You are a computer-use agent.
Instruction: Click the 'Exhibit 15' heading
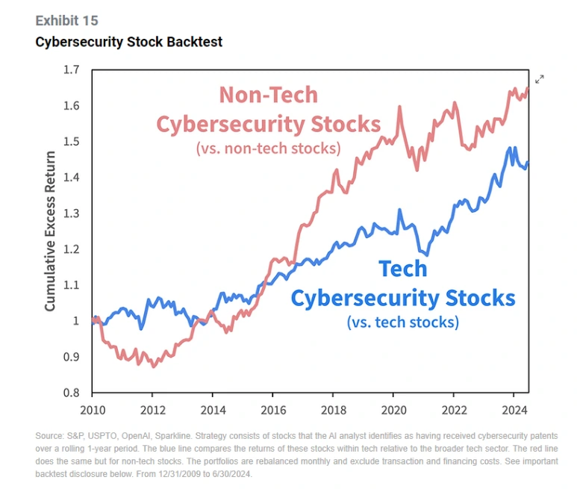click(x=66, y=20)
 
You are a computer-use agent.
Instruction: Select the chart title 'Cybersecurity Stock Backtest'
click(x=128, y=42)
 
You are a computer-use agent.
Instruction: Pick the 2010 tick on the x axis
click(x=92, y=410)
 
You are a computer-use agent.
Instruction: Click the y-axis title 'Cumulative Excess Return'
click(x=50, y=231)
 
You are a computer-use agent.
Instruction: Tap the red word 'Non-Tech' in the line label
click(x=268, y=95)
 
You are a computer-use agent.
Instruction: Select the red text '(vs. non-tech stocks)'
click(x=268, y=148)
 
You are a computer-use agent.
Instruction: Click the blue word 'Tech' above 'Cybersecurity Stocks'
click(x=402, y=269)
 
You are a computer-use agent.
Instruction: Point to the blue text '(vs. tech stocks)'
click(x=402, y=323)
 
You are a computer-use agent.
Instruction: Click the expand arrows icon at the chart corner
click(x=540, y=79)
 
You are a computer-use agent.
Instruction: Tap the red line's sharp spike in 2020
click(x=400, y=107)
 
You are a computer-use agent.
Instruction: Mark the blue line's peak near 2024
click(x=511, y=147)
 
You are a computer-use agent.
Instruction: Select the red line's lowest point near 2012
click(x=154, y=367)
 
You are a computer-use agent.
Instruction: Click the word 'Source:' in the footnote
click(x=50, y=435)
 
